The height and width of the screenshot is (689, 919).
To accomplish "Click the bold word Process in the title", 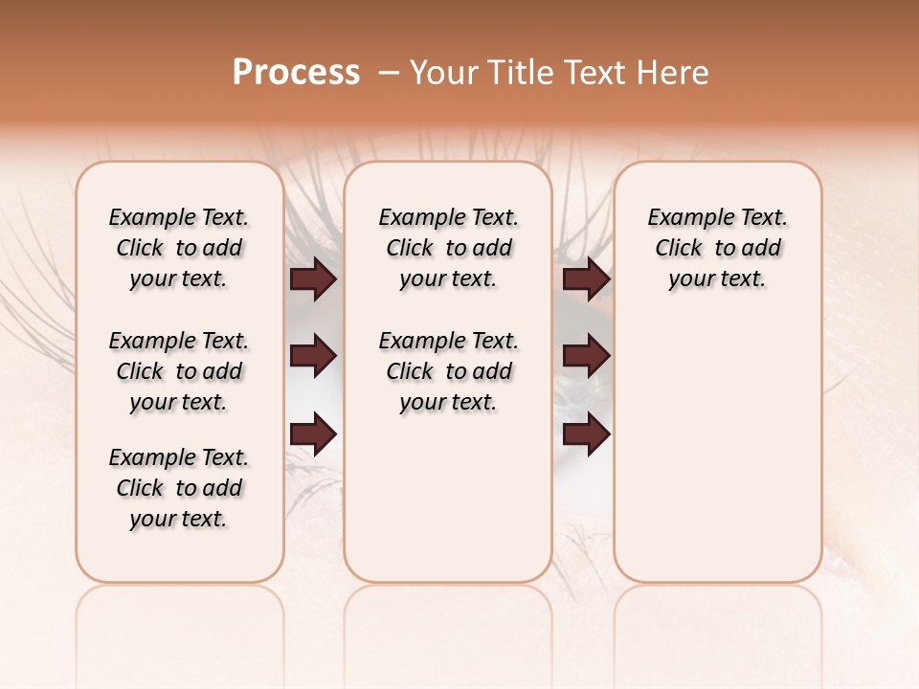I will coord(296,73).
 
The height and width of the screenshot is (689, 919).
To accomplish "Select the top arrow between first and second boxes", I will coord(313,279).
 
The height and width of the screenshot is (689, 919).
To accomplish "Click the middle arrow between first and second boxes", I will coord(313,356).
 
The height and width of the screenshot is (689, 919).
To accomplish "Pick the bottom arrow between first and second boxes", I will coord(313,435).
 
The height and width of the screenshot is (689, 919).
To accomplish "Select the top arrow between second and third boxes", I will coord(586,279).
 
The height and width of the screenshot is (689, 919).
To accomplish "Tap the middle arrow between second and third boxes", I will coord(586,356).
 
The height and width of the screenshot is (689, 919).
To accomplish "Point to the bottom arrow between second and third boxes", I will coord(586,435).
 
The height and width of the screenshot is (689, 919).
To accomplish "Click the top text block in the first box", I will coord(179,248).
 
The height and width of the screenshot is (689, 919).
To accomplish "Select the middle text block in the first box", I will coord(179,371).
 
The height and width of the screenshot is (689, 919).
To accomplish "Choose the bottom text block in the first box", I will coord(179,488).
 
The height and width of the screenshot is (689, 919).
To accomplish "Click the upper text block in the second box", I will coord(448,248).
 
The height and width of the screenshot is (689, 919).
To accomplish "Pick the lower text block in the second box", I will coord(448,371).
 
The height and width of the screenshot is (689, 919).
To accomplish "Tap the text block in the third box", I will coord(717,248).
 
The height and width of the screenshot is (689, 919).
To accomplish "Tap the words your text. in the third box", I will coord(717,279).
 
